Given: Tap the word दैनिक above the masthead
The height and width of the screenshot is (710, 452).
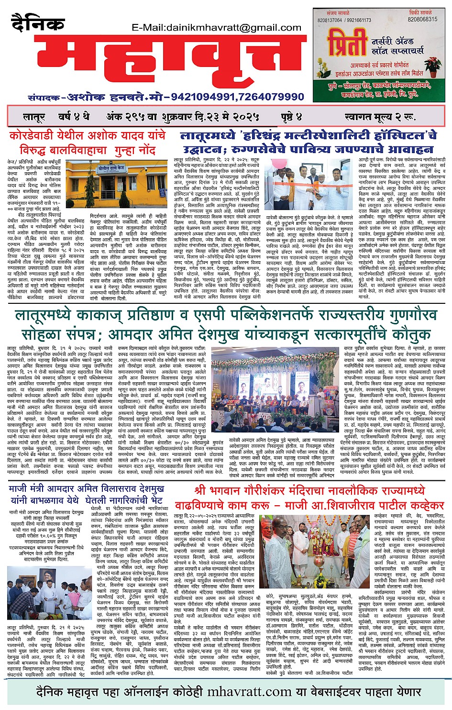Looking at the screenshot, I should [38, 23].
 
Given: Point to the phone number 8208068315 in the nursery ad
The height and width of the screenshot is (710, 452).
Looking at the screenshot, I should [422, 20].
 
